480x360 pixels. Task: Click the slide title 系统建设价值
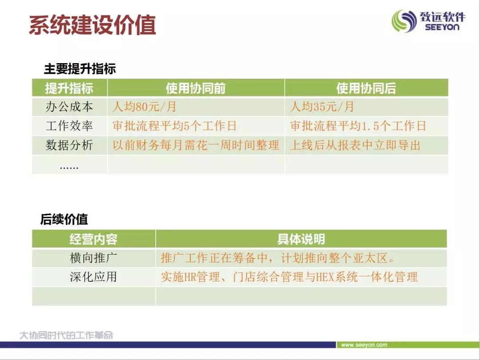[92, 24]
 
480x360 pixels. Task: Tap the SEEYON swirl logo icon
[404, 21]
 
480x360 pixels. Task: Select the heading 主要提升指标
[80, 68]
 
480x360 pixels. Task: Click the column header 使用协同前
[196, 88]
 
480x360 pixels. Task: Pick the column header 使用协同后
[366, 88]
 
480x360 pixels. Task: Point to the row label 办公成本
[69, 107]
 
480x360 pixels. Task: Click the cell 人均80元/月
[144, 107]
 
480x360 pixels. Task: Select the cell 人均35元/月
[322, 107]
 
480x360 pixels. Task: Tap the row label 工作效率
[69, 126]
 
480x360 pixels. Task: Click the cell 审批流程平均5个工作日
[175, 126]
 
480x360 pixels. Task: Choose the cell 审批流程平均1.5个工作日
[358, 126]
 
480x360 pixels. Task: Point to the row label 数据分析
[69, 145]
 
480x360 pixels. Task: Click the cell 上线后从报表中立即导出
[355, 145]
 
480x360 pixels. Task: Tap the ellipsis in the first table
[69, 168]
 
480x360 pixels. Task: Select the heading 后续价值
[64, 219]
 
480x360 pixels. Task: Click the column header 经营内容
[93, 239]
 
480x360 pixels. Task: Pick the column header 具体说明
[301, 239]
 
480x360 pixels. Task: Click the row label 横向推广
[93, 258]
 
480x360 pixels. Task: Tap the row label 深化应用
[93, 277]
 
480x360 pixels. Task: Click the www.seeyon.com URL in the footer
[364, 345]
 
